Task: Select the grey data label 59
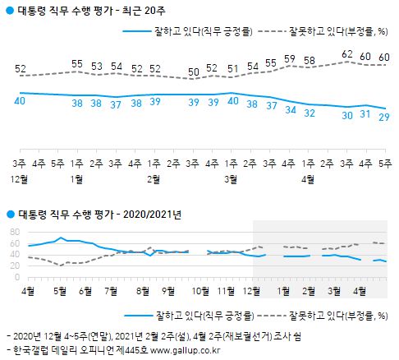288,58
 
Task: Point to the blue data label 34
288,109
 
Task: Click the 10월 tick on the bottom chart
199,290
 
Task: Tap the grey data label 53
96,66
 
